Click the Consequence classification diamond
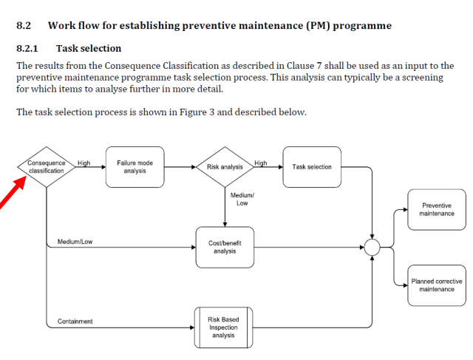click(x=46, y=166)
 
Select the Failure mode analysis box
click(x=135, y=166)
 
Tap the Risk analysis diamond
click(x=225, y=167)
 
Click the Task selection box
click(x=312, y=166)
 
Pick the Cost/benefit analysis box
click(x=225, y=247)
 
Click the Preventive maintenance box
click(x=437, y=209)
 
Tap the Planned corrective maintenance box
click(x=437, y=285)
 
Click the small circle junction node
click(x=372, y=248)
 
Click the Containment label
click(x=75, y=322)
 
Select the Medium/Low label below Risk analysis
click(x=242, y=199)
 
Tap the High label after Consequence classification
click(x=84, y=163)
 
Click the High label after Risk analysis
click(x=260, y=163)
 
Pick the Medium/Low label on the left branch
click(x=75, y=242)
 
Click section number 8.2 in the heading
click(x=24, y=26)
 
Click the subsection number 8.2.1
click(x=27, y=49)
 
